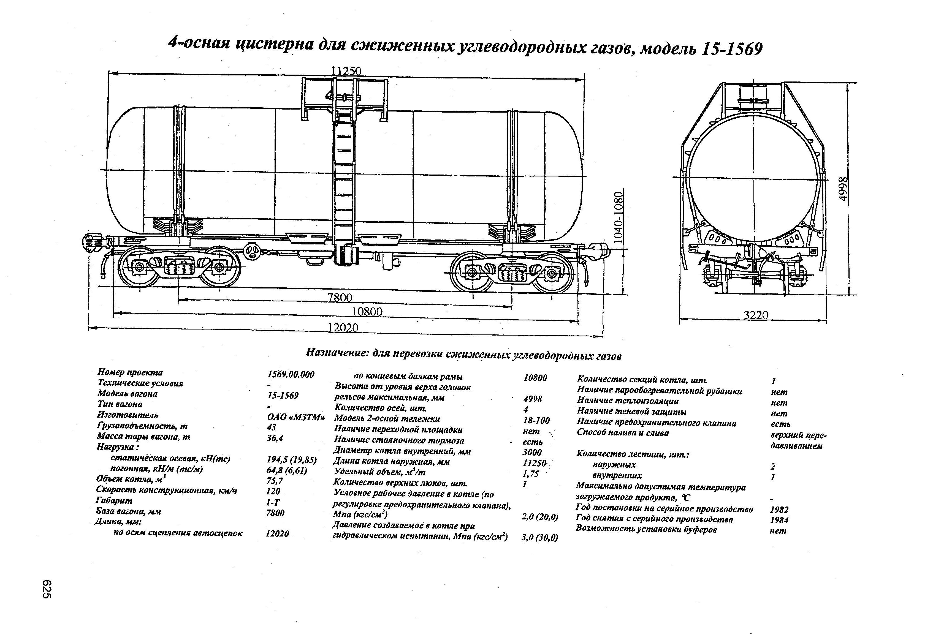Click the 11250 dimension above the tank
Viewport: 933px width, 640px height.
[346, 71]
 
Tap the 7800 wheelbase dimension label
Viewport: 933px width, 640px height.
[340, 298]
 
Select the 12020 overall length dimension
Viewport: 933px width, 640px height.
[343, 328]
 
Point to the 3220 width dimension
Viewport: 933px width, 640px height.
[756, 315]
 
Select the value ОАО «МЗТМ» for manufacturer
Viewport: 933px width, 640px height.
[295, 417]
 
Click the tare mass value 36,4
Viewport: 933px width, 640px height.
[275, 438]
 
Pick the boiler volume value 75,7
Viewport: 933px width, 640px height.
[275, 481]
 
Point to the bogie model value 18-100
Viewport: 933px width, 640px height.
[536, 420]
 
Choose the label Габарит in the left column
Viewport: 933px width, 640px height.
[114, 500]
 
